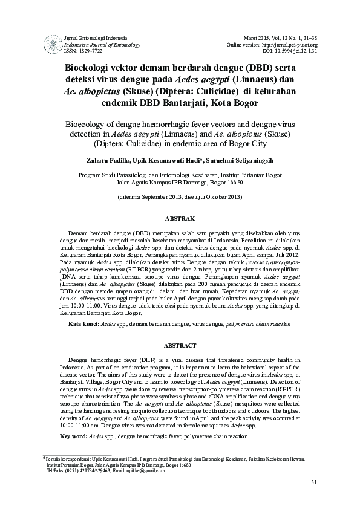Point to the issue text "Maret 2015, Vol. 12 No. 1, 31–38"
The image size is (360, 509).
(283, 38)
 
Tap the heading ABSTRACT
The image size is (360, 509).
(180, 345)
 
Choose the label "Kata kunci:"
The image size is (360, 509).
(83, 325)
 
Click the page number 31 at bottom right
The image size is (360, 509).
(313, 482)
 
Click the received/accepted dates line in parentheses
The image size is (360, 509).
(180, 197)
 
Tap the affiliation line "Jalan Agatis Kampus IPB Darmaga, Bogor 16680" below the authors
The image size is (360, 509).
(180, 181)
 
